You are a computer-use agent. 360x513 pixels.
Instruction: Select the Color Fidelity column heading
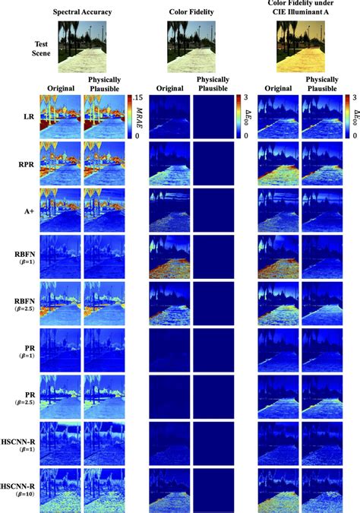[193, 11]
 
